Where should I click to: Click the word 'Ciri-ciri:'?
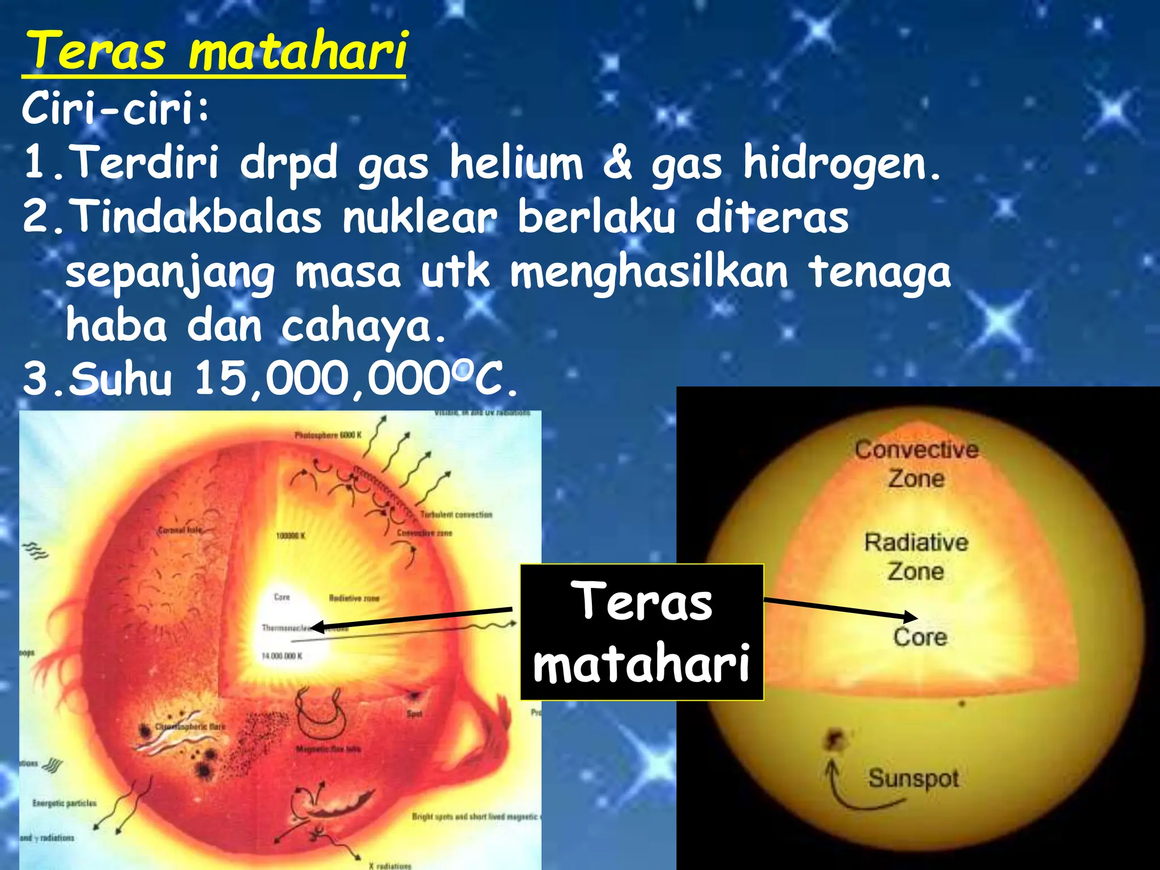point(116,109)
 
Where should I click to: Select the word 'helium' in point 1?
point(516,163)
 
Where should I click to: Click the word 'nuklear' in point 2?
point(419,217)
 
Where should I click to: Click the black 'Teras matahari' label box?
point(641,632)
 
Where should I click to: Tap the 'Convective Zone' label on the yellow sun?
point(916,464)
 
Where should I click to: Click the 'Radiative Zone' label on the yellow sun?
point(916,557)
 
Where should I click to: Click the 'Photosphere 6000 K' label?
point(328,435)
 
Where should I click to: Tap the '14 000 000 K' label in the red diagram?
point(282,656)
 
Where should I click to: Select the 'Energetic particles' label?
point(65,803)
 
